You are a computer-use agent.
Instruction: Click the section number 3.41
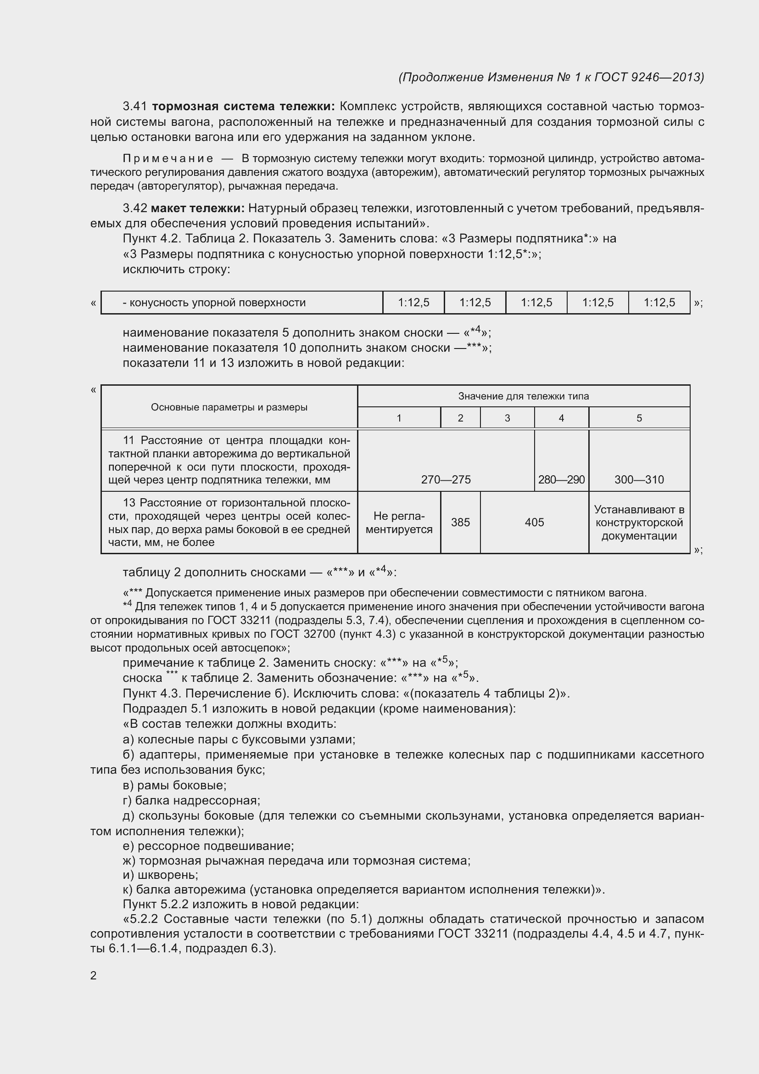[x=135, y=107]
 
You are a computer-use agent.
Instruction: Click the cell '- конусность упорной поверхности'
[x=214, y=303]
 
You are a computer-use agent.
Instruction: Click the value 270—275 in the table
[x=446, y=479]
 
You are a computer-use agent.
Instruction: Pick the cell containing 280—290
[x=561, y=479]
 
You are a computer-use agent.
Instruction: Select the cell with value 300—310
[x=639, y=479]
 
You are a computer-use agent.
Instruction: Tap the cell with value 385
[x=460, y=523]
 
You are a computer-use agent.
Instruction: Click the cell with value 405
[x=534, y=523]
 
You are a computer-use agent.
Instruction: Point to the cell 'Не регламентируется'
[x=399, y=523]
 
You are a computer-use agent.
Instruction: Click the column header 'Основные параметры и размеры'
[x=229, y=407]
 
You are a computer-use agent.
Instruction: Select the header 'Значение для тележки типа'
[x=523, y=396]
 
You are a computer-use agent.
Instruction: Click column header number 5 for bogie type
[x=639, y=418]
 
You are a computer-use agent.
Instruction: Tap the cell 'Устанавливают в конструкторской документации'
[x=639, y=523]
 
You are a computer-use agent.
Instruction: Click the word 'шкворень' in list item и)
[x=167, y=875]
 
